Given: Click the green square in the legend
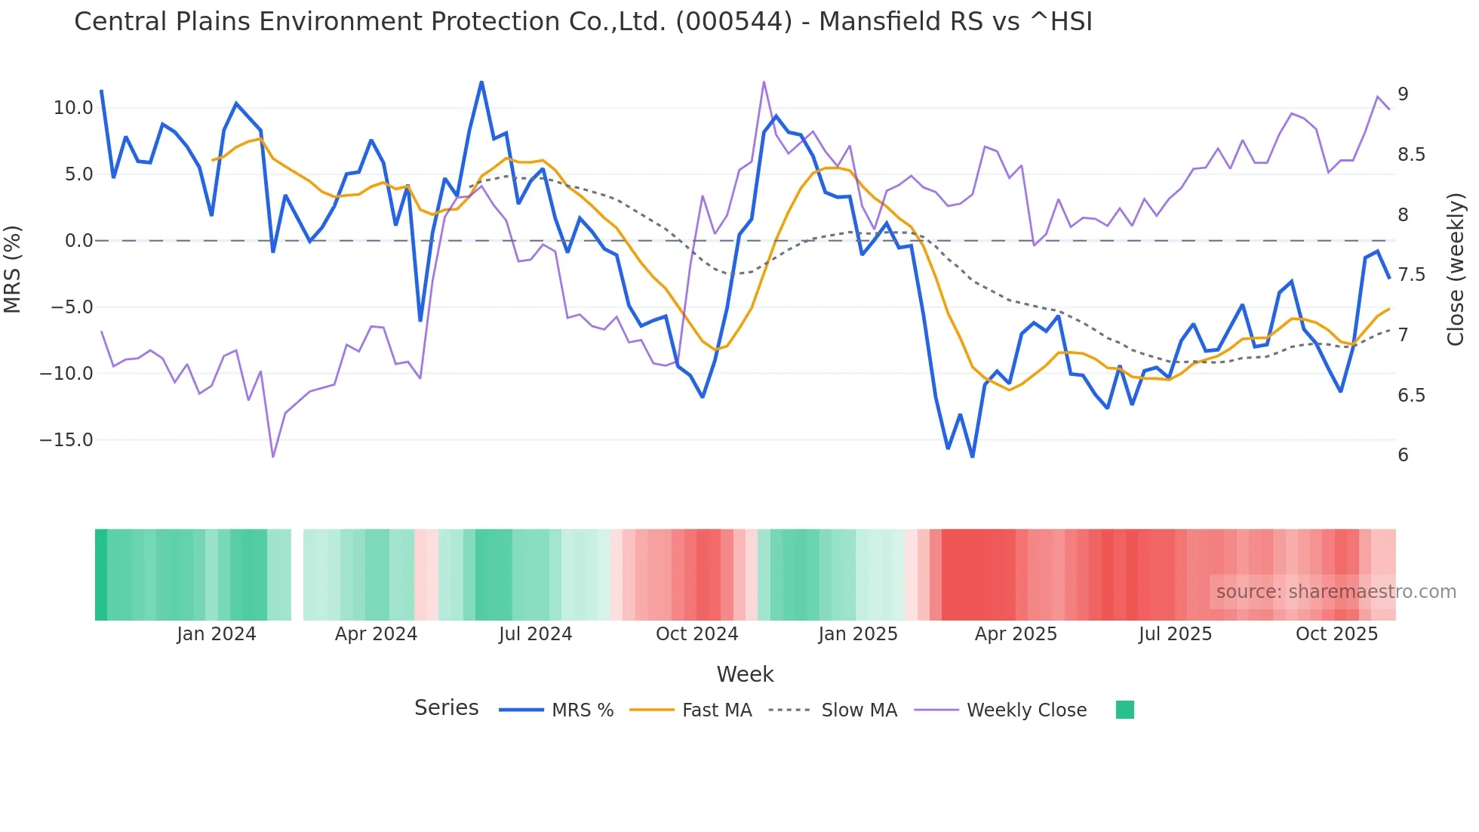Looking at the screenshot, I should click(x=1124, y=710).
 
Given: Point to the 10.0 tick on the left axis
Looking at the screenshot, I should click(x=72, y=108).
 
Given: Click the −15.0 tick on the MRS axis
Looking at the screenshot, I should click(x=66, y=440).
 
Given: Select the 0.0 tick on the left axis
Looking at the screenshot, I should click(x=78, y=241).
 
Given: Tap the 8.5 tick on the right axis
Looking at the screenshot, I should click(x=1411, y=155).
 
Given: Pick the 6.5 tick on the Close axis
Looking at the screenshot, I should click(x=1411, y=396).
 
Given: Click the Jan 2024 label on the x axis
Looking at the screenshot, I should click(x=217, y=634).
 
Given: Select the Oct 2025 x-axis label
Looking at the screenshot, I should click(x=1336, y=634).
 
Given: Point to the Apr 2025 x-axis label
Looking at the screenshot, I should click(x=1016, y=634).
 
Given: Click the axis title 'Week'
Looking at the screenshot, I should click(x=745, y=674).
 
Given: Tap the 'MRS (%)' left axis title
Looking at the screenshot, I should click(x=13, y=270).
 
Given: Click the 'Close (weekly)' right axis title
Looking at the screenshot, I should click(x=1456, y=270).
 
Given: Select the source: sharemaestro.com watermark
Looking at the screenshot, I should click(x=1336, y=592).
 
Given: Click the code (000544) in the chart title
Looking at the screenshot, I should click(x=733, y=22).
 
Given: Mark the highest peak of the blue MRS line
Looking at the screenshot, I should click(x=481, y=82).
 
